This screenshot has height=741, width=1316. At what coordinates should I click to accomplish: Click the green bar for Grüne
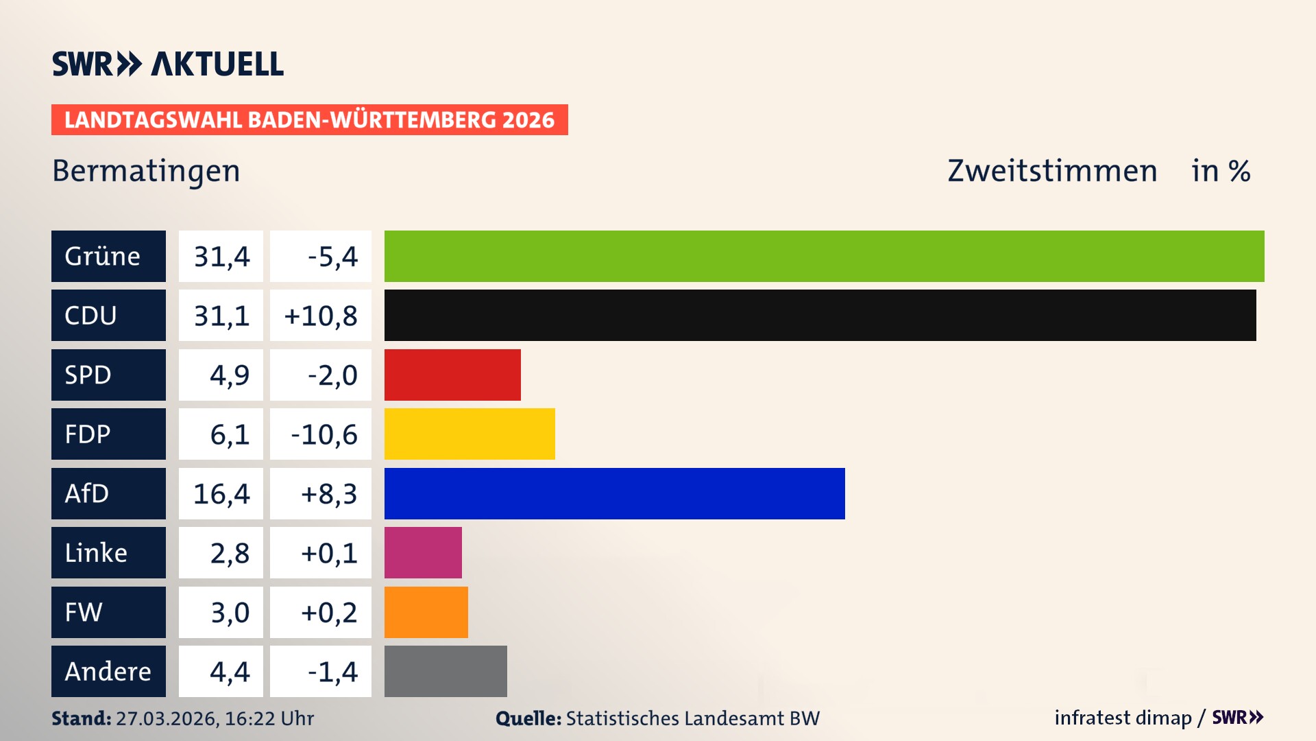824,256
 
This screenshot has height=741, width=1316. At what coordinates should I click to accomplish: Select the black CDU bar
820,315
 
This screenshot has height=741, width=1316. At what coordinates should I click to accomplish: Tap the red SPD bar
452,375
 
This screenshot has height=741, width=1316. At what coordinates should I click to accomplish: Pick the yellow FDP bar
470,434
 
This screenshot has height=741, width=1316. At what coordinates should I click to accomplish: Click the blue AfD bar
614,493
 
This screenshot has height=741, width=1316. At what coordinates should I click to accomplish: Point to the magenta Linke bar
423,552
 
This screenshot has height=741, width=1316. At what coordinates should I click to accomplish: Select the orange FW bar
426,612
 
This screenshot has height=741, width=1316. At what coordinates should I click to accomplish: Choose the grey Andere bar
446,671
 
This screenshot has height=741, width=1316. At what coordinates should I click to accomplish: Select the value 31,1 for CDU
221,316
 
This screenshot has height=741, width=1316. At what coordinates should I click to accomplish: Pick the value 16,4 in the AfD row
221,494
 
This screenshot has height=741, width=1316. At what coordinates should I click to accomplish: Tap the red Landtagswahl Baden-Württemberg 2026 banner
309,119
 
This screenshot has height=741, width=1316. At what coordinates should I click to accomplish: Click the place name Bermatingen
146,171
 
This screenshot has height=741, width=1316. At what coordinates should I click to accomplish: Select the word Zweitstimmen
1052,171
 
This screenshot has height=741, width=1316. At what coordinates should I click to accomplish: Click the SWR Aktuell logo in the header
167,64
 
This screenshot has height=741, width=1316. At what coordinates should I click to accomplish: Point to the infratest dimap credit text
1123,718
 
